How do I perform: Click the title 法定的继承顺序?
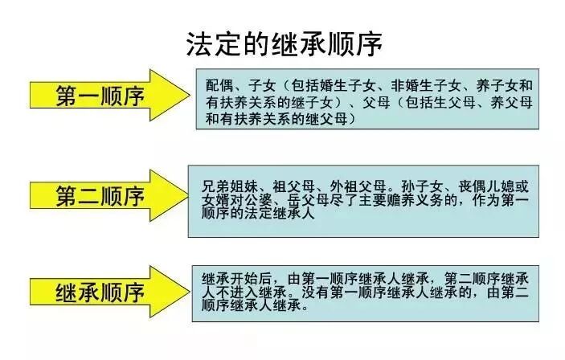click(283, 41)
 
